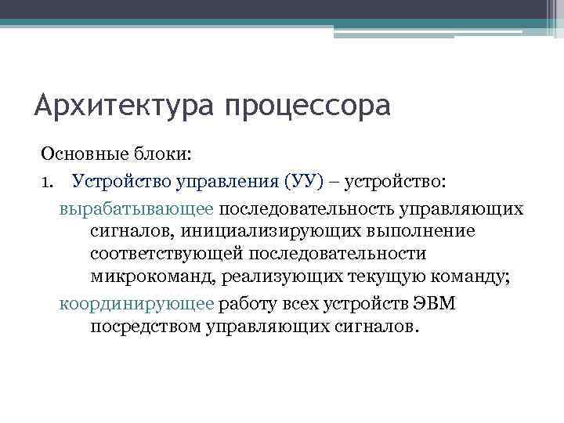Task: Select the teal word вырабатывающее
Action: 136,210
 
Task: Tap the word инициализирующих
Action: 280,232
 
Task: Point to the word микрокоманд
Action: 153,277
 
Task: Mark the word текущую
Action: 378,277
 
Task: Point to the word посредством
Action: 146,327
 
